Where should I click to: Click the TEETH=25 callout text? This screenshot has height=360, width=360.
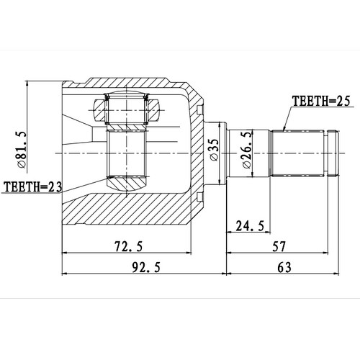(320, 102)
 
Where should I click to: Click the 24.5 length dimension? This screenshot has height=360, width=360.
(250, 227)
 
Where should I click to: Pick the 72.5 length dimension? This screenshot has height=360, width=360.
(128, 247)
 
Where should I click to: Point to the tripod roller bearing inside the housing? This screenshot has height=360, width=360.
(127, 109)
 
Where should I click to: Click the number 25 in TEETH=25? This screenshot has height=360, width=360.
(341, 102)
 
